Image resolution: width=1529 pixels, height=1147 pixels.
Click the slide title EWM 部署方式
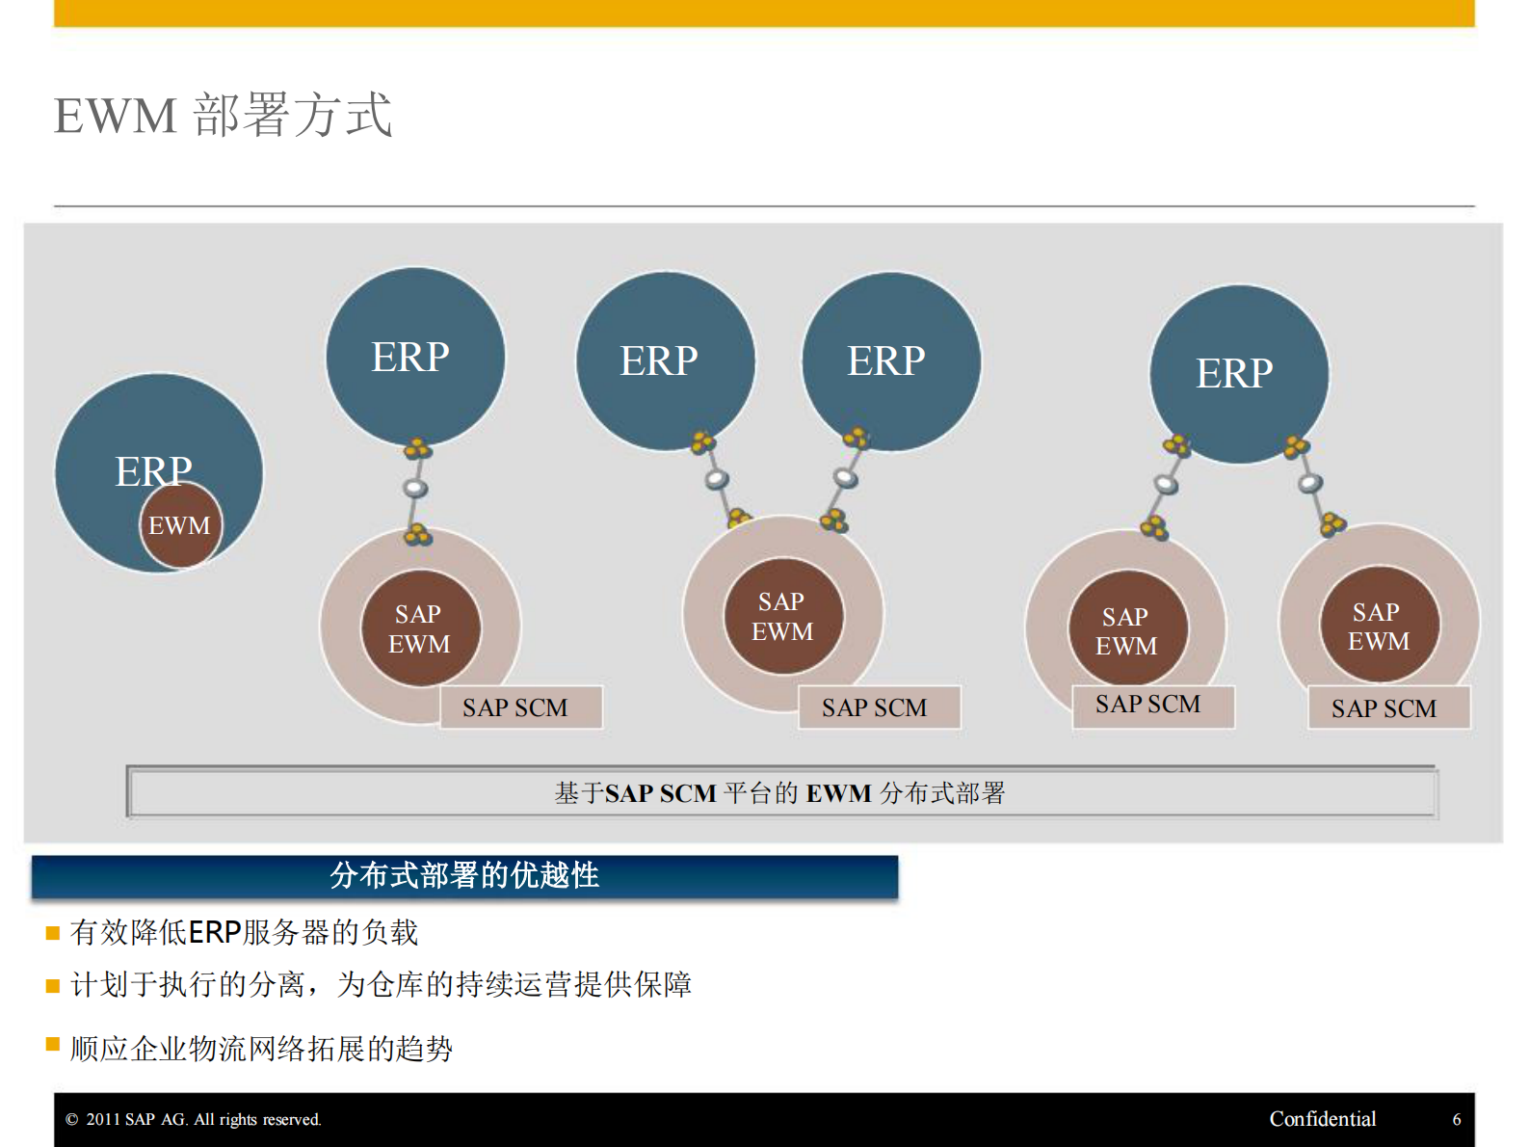pyautogui.click(x=223, y=116)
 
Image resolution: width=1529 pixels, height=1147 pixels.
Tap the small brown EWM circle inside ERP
pyautogui.click(x=180, y=526)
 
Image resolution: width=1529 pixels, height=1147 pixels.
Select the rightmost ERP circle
pyautogui.click(x=1238, y=373)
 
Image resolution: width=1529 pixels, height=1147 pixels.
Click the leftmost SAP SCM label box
pyautogui.click(x=521, y=707)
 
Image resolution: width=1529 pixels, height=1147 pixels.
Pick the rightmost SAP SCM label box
pyautogui.click(x=1387, y=708)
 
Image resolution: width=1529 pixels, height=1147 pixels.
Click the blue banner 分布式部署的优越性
pyautogui.click(x=464, y=876)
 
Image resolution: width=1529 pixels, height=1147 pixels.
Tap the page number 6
pyautogui.click(x=1456, y=1119)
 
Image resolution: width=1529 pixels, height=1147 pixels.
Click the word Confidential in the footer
pyautogui.click(x=1322, y=1119)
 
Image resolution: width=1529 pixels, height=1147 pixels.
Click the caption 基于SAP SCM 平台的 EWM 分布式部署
pyautogui.click(x=780, y=793)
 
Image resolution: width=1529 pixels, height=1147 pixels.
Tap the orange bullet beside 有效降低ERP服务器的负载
pyautogui.click(x=53, y=933)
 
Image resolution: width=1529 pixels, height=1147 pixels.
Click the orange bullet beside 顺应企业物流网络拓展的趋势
pyautogui.click(x=53, y=1044)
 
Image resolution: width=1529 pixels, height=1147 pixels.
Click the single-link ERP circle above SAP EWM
pyautogui.click(x=414, y=357)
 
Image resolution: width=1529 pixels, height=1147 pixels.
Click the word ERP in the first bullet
pyautogui.click(x=214, y=933)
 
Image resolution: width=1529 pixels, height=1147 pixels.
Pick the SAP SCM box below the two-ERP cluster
pyautogui.click(x=879, y=707)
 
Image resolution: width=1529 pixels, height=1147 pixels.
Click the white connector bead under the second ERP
pyautogui.click(x=415, y=489)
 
